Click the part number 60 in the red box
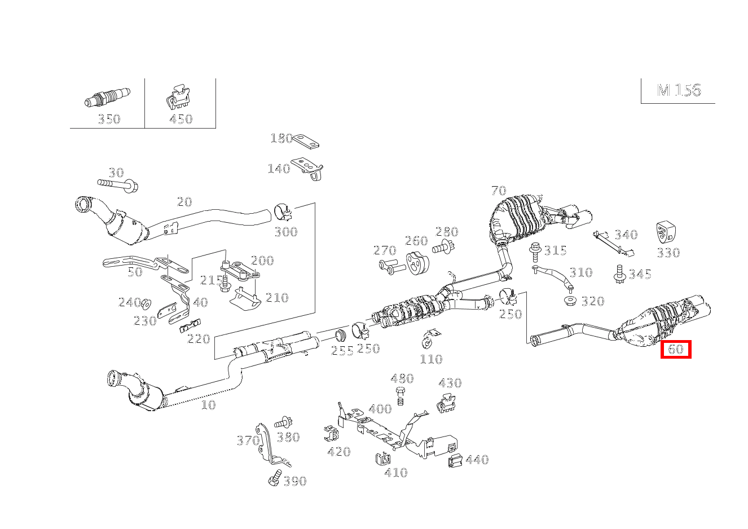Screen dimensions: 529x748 pyautogui.click(x=675, y=349)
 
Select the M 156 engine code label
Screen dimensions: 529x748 pyautogui.click(x=679, y=90)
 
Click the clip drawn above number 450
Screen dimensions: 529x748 pyautogui.click(x=179, y=98)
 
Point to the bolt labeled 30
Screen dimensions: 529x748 pyautogui.click(x=118, y=184)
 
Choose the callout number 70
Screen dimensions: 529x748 pyautogui.click(x=498, y=191)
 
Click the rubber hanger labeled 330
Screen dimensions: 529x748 pyautogui.click(x=666, y=233)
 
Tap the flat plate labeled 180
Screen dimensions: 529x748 pyautogui.click(x=306, y=141)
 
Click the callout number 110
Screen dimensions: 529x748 pyautogui.click(x=431, y=359)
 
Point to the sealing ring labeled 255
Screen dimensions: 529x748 pyautogui.click(x=340, y=336)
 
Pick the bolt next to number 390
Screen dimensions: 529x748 pyautogui.click(x=275, y=477)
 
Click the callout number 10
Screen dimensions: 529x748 pyautogui.click(x=208, y=405)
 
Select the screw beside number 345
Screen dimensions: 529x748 pyautogui.click(x=619, y=274)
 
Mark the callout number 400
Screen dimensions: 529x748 pyautogui.click(x=380, y=409)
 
